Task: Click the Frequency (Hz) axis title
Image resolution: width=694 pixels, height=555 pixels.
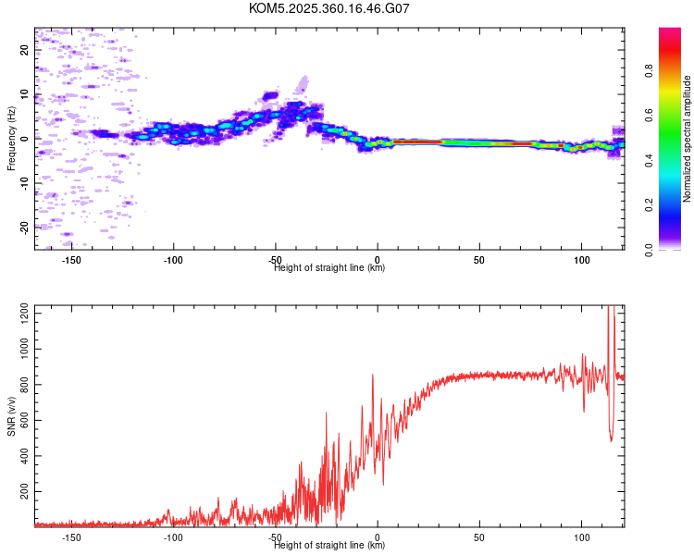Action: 11,139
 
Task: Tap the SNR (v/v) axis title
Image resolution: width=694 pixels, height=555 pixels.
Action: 11,416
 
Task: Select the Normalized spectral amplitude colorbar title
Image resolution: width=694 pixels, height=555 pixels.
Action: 688,139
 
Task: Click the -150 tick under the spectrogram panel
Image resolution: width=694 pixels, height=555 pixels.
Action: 71,260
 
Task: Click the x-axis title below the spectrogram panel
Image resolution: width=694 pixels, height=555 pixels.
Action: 329,268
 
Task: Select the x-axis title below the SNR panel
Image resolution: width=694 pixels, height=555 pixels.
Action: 329,546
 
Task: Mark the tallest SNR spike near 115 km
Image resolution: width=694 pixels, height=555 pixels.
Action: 610,309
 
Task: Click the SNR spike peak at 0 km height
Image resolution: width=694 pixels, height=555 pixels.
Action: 372,375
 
